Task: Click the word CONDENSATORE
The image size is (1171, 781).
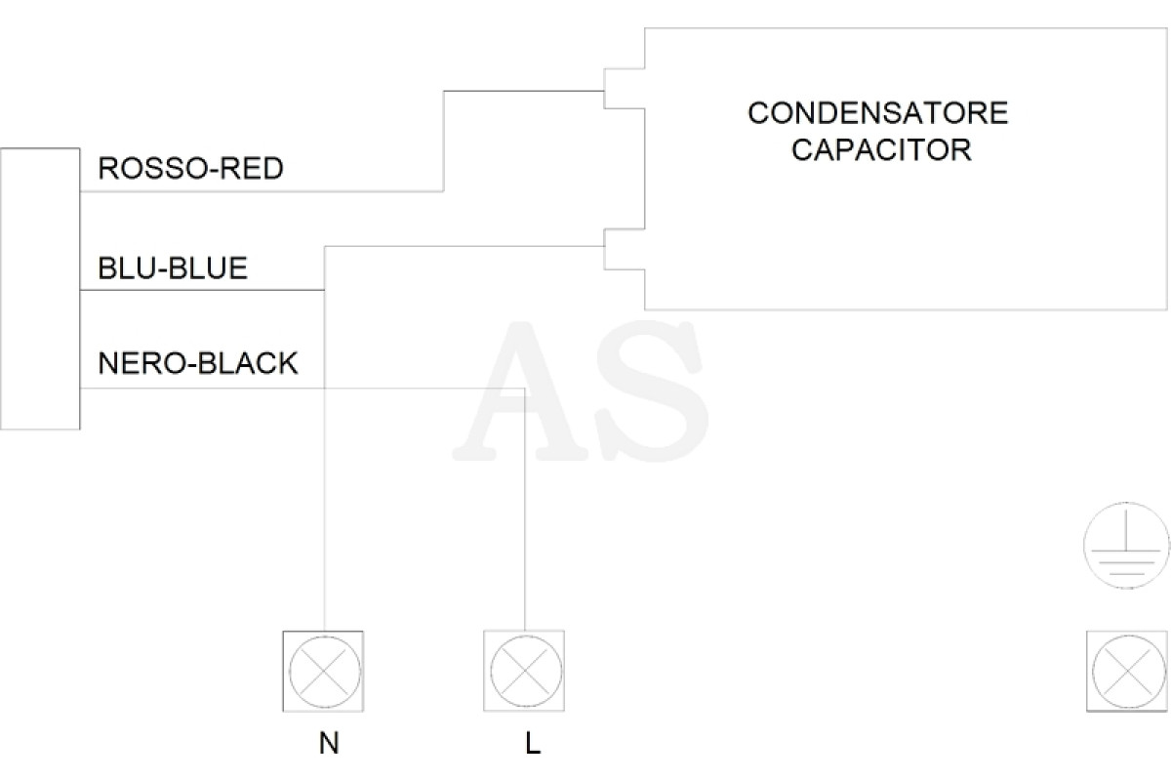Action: pos(877,113)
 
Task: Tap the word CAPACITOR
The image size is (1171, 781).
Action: pos(881,149)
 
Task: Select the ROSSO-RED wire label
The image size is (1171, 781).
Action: pos(191,169)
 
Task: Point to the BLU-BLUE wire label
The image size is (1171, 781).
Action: pos(173,267)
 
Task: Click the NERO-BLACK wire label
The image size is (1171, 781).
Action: pos(198,363)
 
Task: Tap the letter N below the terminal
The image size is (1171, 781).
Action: pos(329,743)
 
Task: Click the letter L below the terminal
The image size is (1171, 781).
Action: pos(533,743)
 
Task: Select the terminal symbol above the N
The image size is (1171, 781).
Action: pos(324,671)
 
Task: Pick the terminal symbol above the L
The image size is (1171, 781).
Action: pos(524,671)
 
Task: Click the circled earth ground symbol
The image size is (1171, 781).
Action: pos(1126,546)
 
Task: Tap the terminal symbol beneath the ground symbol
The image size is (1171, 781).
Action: pos(1127,671)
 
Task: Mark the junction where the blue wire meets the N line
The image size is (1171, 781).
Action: pos(325,290)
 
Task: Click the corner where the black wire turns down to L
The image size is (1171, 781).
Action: pos(524,389)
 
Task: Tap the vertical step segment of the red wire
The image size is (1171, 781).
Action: pos(444,142)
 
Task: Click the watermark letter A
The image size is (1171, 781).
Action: pos(523,391)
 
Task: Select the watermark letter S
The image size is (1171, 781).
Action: pos(655,391)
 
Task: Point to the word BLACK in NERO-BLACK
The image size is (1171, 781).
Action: pos(248,363)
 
